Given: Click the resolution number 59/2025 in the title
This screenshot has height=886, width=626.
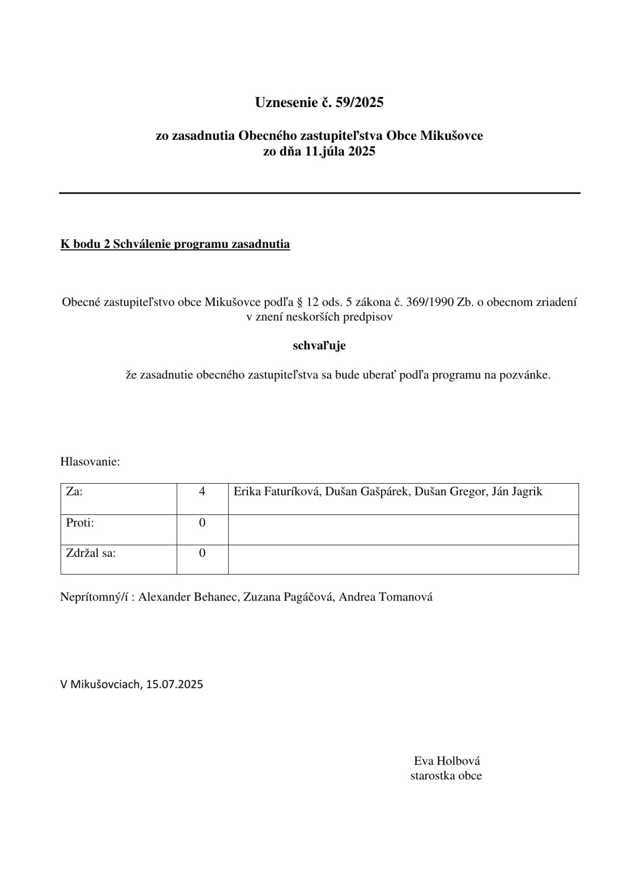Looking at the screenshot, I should [x=359, y=103].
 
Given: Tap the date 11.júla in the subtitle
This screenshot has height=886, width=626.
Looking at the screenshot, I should [x=326, y=151].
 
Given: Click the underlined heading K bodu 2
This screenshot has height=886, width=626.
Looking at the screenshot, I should [x=175, y=244].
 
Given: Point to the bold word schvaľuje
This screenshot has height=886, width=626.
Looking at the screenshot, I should [x=319, y=346].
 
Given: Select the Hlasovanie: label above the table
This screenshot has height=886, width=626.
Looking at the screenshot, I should [x=90, y=462].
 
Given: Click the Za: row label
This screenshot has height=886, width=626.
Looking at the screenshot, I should [x=74, y=492].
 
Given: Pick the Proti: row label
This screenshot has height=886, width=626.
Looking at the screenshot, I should [x=80, y=523].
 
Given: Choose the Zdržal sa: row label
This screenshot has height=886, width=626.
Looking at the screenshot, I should [x=91, y=554].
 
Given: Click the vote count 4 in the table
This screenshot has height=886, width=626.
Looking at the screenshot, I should [x=202, y=492].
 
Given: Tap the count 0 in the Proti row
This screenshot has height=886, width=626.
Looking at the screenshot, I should [x=202, y=523].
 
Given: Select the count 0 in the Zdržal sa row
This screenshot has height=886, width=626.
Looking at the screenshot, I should [x=202, y=554].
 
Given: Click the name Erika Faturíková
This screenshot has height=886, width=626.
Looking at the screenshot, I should [x=277, y=492].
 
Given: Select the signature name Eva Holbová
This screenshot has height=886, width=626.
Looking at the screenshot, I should [x=447, y=761].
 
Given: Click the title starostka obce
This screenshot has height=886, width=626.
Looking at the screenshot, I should [x=446, y=775].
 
